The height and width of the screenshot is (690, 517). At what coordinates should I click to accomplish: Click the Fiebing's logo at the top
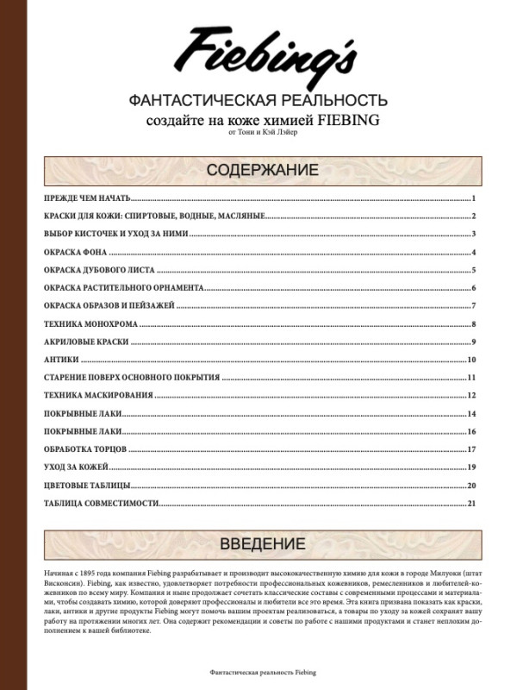[265, 51]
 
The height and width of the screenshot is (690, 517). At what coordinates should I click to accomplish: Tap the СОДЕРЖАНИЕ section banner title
[262, 169]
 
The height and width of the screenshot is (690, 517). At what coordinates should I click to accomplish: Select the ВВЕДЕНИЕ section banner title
[262, 543]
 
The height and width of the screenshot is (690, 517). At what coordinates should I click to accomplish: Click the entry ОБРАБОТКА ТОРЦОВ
[85, 449]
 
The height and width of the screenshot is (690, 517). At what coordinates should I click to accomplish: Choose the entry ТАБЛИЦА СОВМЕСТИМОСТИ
[100, 503]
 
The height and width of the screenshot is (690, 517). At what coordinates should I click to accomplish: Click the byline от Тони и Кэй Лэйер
[262, 134]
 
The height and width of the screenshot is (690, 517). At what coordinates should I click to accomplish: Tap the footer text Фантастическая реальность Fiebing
[258, 670]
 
